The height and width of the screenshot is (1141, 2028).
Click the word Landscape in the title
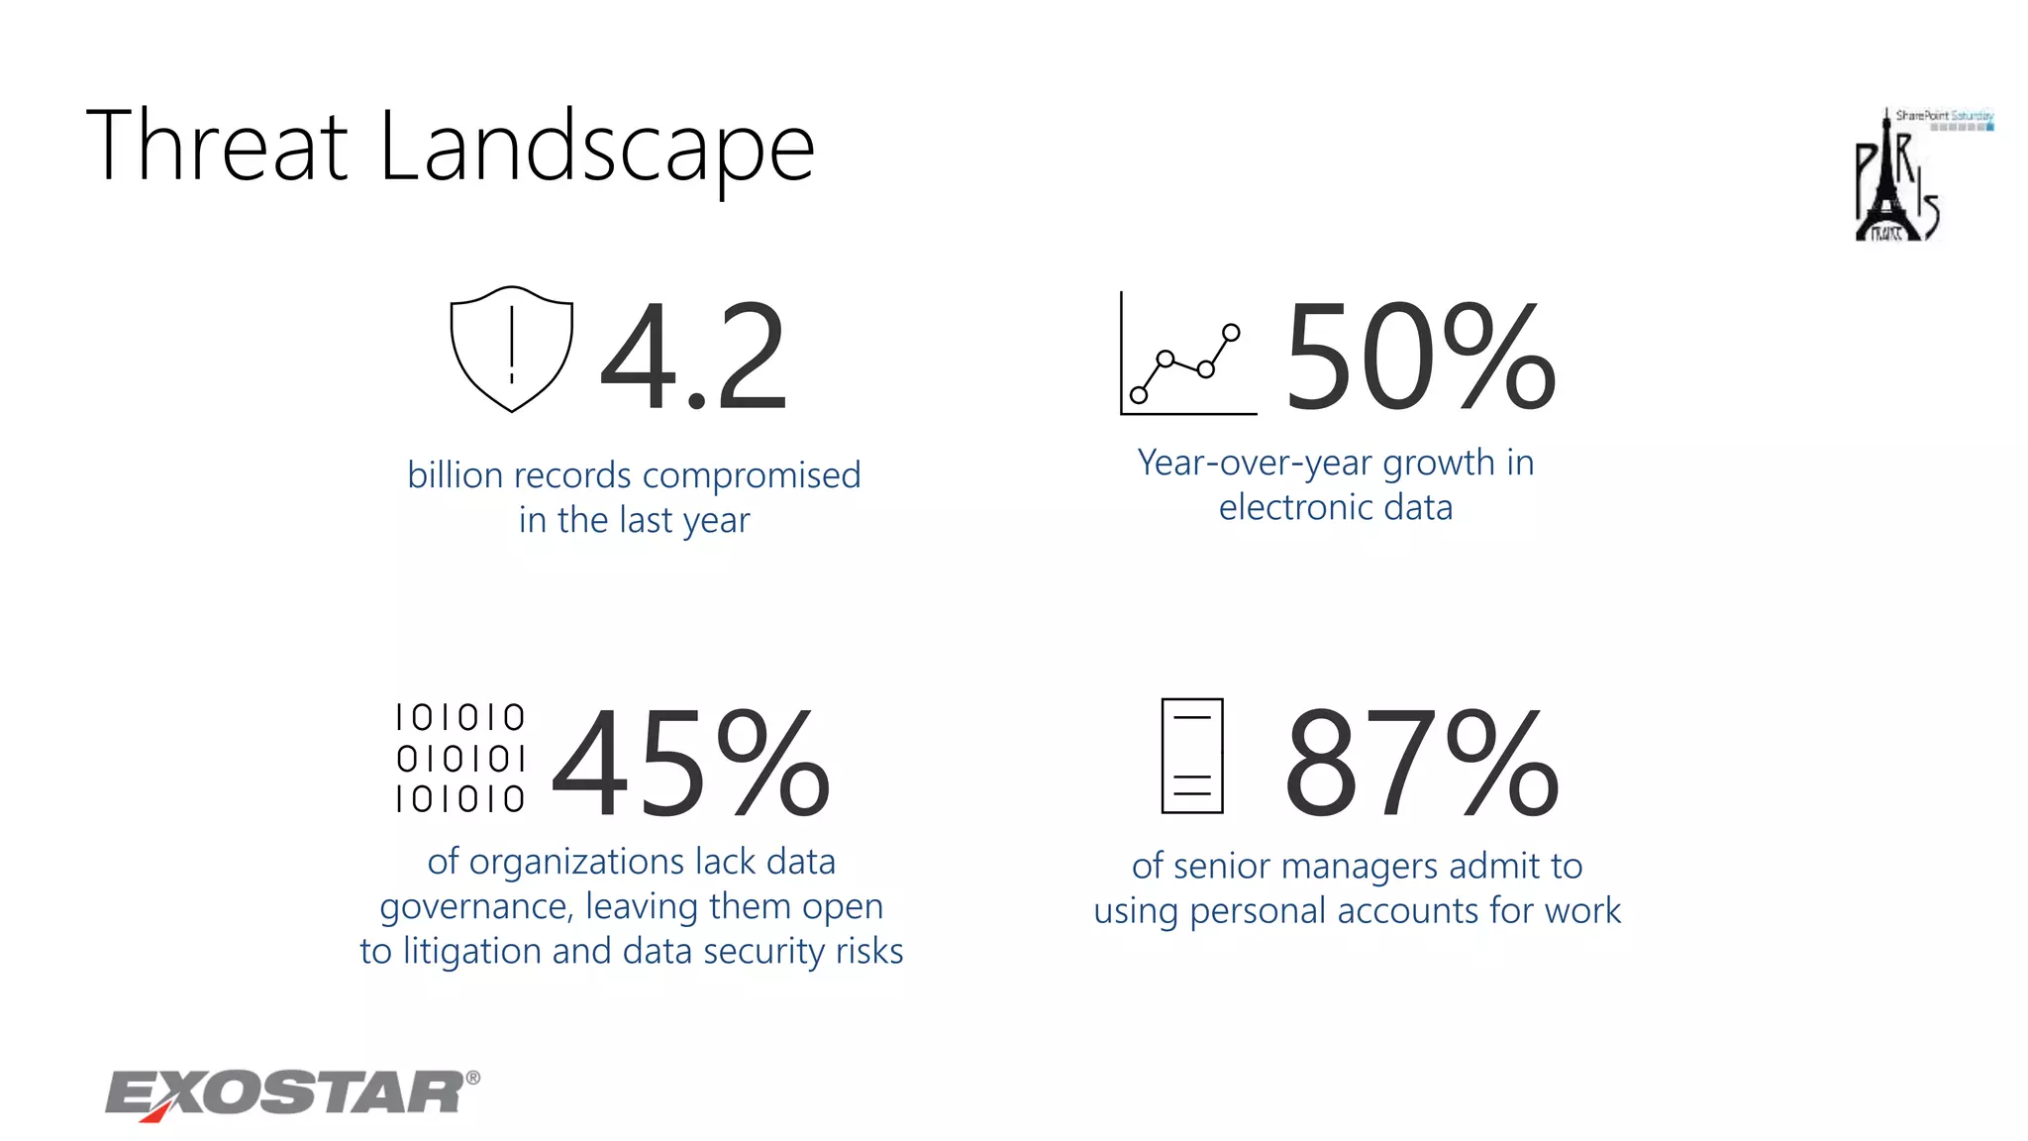tap(596, 149)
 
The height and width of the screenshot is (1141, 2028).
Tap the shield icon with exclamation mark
tap(511, 349)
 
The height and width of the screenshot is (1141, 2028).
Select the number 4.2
tap(693, 357)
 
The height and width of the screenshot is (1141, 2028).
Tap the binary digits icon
tap(460, 758)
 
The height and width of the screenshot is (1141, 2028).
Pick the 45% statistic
tap(690, 763)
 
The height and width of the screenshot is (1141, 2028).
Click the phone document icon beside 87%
tap(1192, 756)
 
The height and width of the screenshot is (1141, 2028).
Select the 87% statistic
tap(1421, 763)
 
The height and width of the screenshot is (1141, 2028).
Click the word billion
tap(456, 475)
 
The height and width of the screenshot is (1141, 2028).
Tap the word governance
tap(475, 906)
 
